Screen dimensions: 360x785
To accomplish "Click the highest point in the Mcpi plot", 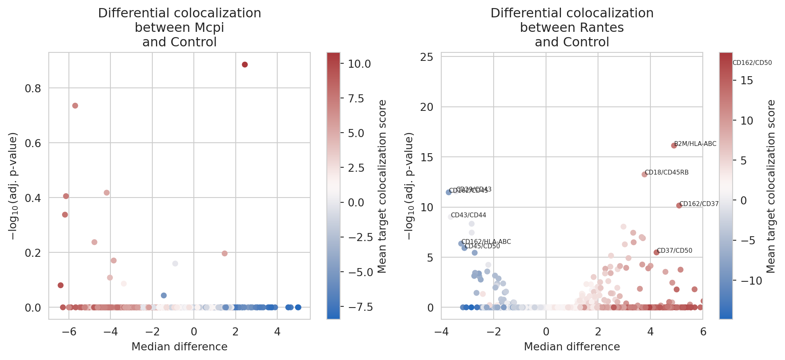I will [245, 65].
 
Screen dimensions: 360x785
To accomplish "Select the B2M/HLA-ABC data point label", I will [695, 144].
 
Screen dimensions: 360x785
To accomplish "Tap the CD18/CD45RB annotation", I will [667, 173].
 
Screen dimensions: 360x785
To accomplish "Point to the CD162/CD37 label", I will [699, 204].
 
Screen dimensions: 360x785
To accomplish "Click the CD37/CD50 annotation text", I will [675, 251].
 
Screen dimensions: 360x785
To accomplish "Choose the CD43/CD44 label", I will [468, 215].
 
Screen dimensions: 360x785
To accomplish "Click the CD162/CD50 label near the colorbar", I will [752, 63].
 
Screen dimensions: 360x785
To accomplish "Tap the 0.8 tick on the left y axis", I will [33, 88].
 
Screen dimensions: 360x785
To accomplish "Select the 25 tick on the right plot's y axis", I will [427, 57].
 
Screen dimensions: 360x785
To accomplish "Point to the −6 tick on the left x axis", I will [69, 332].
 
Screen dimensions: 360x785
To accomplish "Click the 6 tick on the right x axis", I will [703, 332].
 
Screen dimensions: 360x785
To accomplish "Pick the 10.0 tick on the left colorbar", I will [359, 64].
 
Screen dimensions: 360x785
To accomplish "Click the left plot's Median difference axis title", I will [179, 347].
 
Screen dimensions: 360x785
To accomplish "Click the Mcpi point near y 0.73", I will [75, 106].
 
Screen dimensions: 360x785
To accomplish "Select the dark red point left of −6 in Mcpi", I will [60, 285].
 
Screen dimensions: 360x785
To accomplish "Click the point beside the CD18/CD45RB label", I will [644, 175].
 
